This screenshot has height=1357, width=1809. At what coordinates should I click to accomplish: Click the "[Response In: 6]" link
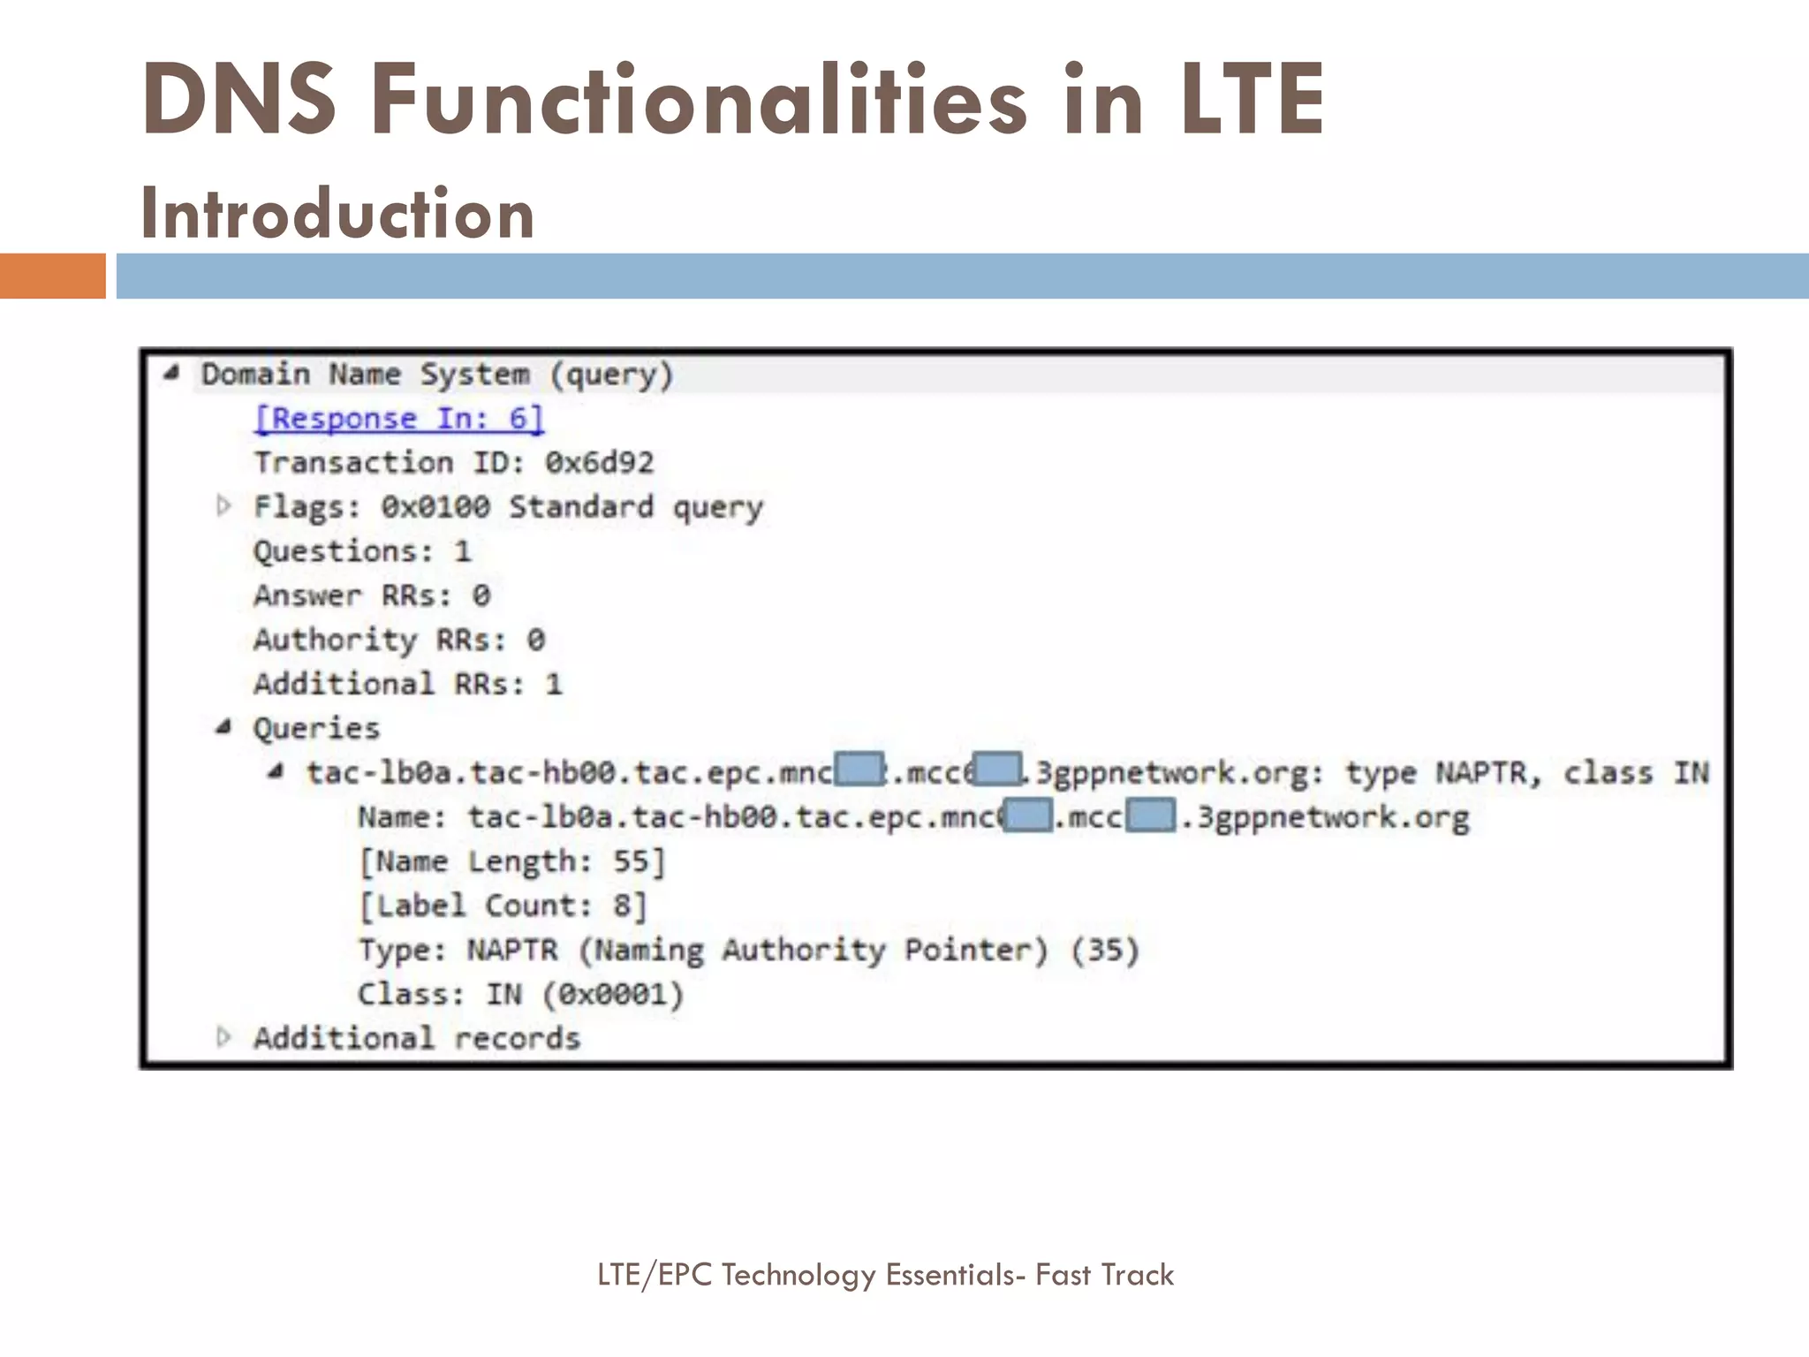398,419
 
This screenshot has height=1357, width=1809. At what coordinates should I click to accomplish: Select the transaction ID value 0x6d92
599,463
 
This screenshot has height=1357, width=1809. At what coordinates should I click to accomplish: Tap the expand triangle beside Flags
223,506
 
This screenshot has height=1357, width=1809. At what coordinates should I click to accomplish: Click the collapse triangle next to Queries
223,727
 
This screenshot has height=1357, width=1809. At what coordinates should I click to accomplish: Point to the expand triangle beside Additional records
223,1037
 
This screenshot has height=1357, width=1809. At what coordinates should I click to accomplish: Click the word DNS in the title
238,99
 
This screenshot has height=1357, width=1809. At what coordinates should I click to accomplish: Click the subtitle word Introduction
337,214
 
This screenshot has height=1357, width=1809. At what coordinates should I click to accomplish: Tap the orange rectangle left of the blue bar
52,276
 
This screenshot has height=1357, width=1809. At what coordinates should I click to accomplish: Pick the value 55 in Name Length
632,861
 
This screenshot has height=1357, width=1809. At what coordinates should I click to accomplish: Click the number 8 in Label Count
623,906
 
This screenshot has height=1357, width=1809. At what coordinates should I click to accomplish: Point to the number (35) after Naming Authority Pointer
1105,950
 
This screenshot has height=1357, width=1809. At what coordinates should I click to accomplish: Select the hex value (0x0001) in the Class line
613,995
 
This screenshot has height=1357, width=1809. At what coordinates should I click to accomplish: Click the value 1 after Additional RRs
554,684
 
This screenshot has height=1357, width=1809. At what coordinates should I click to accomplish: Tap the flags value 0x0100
435,507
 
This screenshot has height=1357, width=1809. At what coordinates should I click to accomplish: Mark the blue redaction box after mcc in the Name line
1152,815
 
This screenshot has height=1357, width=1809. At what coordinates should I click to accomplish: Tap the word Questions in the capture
336,551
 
